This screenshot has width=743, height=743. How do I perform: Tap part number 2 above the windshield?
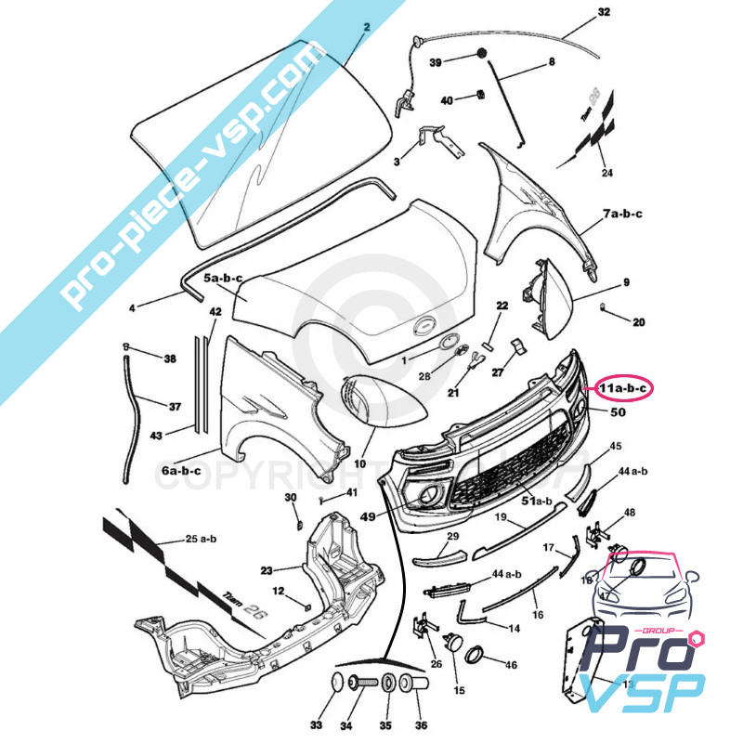click(366, 28)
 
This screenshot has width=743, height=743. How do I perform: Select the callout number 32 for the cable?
click(604, 13)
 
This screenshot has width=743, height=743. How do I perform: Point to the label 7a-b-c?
click(621, 215)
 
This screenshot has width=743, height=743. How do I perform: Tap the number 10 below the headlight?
click(359, 463)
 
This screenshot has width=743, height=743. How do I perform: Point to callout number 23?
click(266, 570)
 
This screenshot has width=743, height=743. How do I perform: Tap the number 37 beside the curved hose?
click(174, 407)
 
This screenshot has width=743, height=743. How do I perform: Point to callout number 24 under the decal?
click(606, 173)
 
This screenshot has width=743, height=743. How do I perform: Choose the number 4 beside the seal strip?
click(132, 306)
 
